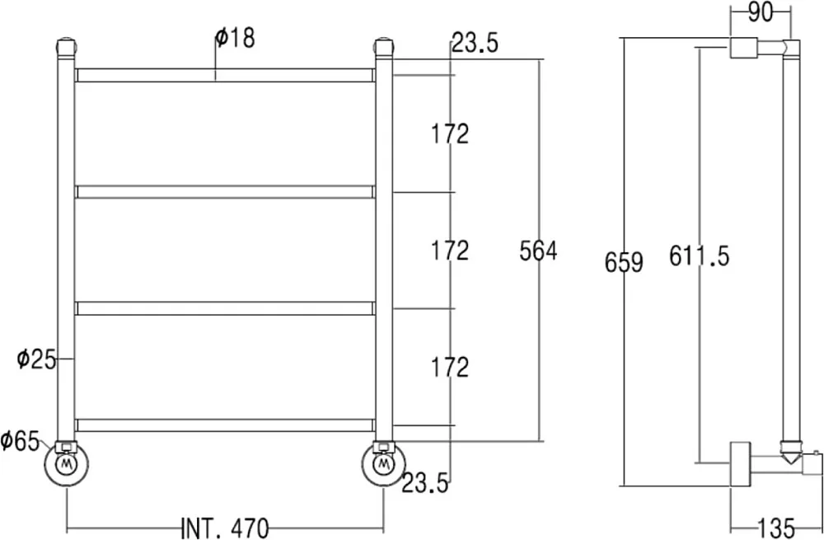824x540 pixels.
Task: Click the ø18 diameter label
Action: pyautogui.click(x=235, y=39)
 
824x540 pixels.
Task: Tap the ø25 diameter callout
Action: pyautogui.click(x=36, y=359)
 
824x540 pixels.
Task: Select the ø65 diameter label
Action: pyautogui.click(x=20, y=440)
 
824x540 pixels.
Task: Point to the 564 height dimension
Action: pyautogui.click(x=538, y=251)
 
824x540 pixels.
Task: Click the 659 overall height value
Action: pyautogui.click(x=624, y=262)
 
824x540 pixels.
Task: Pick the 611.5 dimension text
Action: pyautogui.click(x=700, y=256)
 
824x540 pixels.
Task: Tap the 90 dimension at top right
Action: pyautogui.click(x=760, y=12)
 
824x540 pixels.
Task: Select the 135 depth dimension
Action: pyautogui.click(x=776, y=528)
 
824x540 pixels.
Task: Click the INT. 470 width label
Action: pyautogui.click(x=225, y=528)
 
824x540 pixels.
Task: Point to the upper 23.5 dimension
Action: pyautogui.click(x=475, y=43)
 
